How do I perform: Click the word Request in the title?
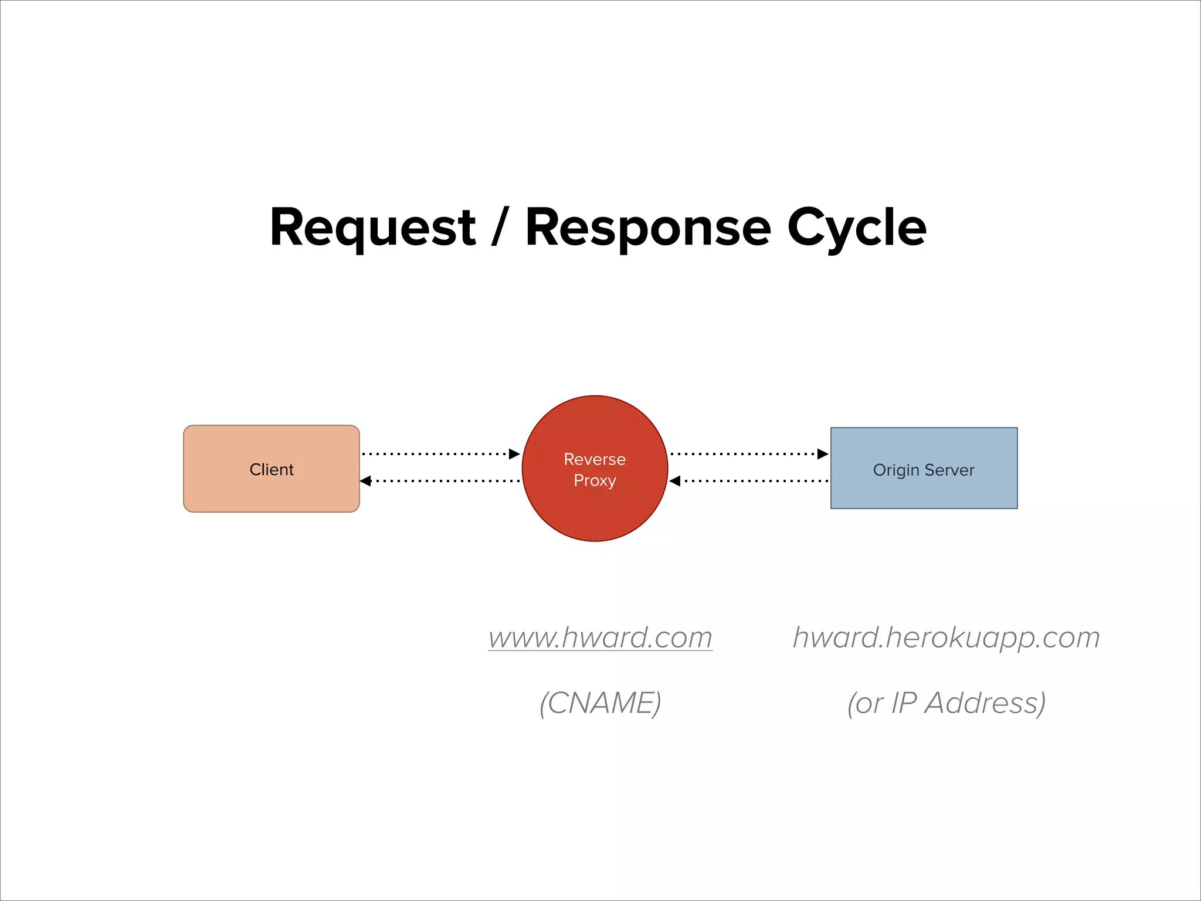tap(372, 228)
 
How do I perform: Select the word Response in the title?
tap(647, 228)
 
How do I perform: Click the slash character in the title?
tap(499, 228)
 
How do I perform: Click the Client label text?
tap(272, 469)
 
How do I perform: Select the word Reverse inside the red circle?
tap(595, 459)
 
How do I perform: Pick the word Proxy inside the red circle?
tap(595, 480)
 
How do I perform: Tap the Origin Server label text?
tap(924, 470)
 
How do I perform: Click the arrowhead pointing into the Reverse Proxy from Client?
tap(514, 454)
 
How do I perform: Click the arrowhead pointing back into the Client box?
tap(366, 481)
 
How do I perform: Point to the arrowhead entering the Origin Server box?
tap(823, 454)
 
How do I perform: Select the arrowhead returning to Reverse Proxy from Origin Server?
tap(675, 481)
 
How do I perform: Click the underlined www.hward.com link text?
tap(600, 637)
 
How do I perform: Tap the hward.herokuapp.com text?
tap(946, 637)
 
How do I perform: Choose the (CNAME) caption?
tap(600, 703)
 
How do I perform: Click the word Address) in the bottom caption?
tap(985, 703)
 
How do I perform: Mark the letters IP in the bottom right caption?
tap(904, 703)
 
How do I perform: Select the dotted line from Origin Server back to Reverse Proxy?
tap(756, 481)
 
